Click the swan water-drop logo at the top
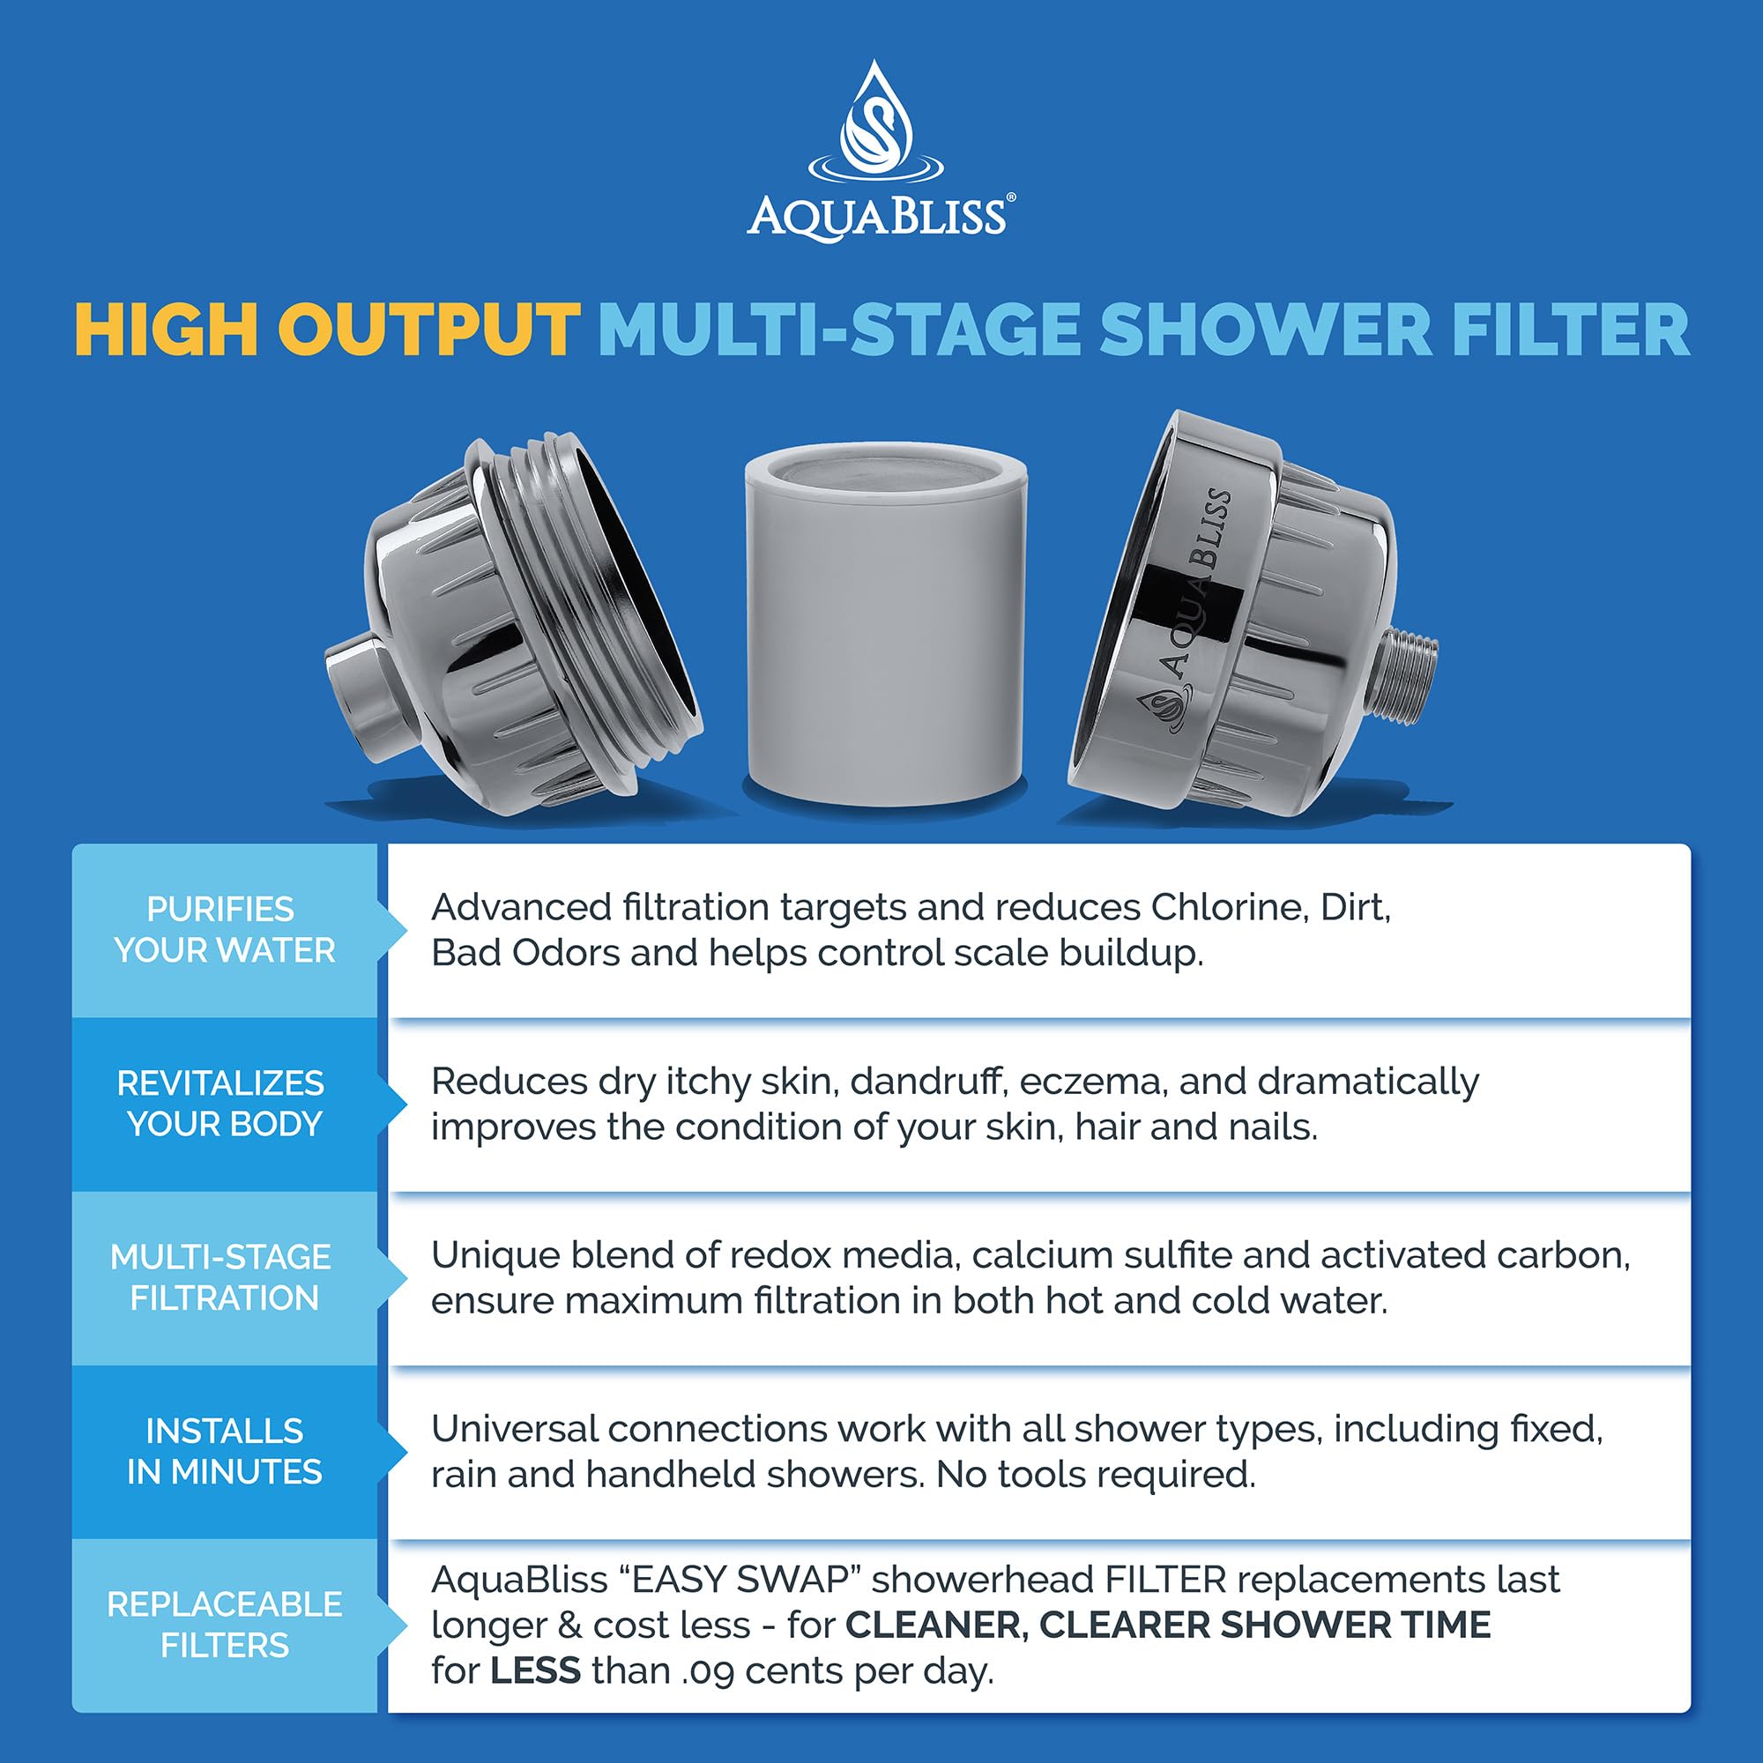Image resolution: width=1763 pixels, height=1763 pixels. (x=876, y=123)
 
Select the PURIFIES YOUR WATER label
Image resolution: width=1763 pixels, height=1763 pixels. (x=224, y=930)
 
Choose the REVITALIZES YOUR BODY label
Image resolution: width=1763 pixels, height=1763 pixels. (x=222, y=1104)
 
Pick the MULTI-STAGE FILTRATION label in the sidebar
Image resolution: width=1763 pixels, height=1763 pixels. (x=222, y=1277)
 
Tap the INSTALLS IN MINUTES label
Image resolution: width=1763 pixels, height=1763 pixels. (x=224, y=1451)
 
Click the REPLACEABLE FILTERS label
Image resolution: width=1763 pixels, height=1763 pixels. (x=224, y=1625)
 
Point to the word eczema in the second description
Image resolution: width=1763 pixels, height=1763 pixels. (x=1091, y=1082)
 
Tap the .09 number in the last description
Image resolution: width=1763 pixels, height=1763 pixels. (x=708, y=1670)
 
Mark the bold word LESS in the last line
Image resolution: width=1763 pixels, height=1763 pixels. (x=536, y=1670)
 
